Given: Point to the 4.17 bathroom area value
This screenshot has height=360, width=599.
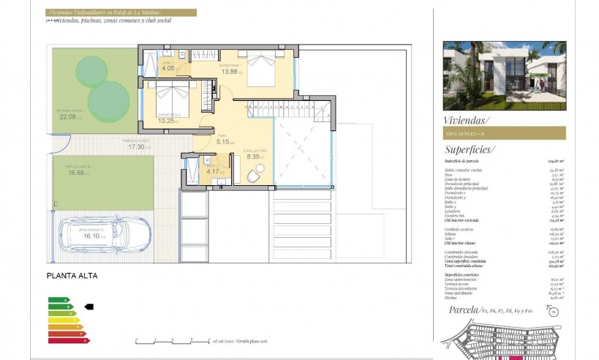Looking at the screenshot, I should [x=211, y=172].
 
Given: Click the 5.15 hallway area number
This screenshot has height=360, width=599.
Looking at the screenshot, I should [x=223, y=141].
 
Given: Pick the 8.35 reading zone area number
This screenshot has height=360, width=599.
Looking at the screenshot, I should [x=253, y=156].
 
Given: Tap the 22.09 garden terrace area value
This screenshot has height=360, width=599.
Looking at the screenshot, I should [x=68, y=116].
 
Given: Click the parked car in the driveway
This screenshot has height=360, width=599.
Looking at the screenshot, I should [x=113, y=234].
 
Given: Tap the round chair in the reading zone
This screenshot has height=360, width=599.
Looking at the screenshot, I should [x=253, y=176].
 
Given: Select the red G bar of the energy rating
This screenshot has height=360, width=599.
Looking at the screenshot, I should [x=67, y=340].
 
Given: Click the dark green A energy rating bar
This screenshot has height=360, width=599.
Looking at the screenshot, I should [x=59, y=300].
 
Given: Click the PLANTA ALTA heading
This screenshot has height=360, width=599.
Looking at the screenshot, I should [x=72, y=276].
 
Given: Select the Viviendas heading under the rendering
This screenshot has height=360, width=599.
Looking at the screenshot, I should [x=467, y=120].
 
